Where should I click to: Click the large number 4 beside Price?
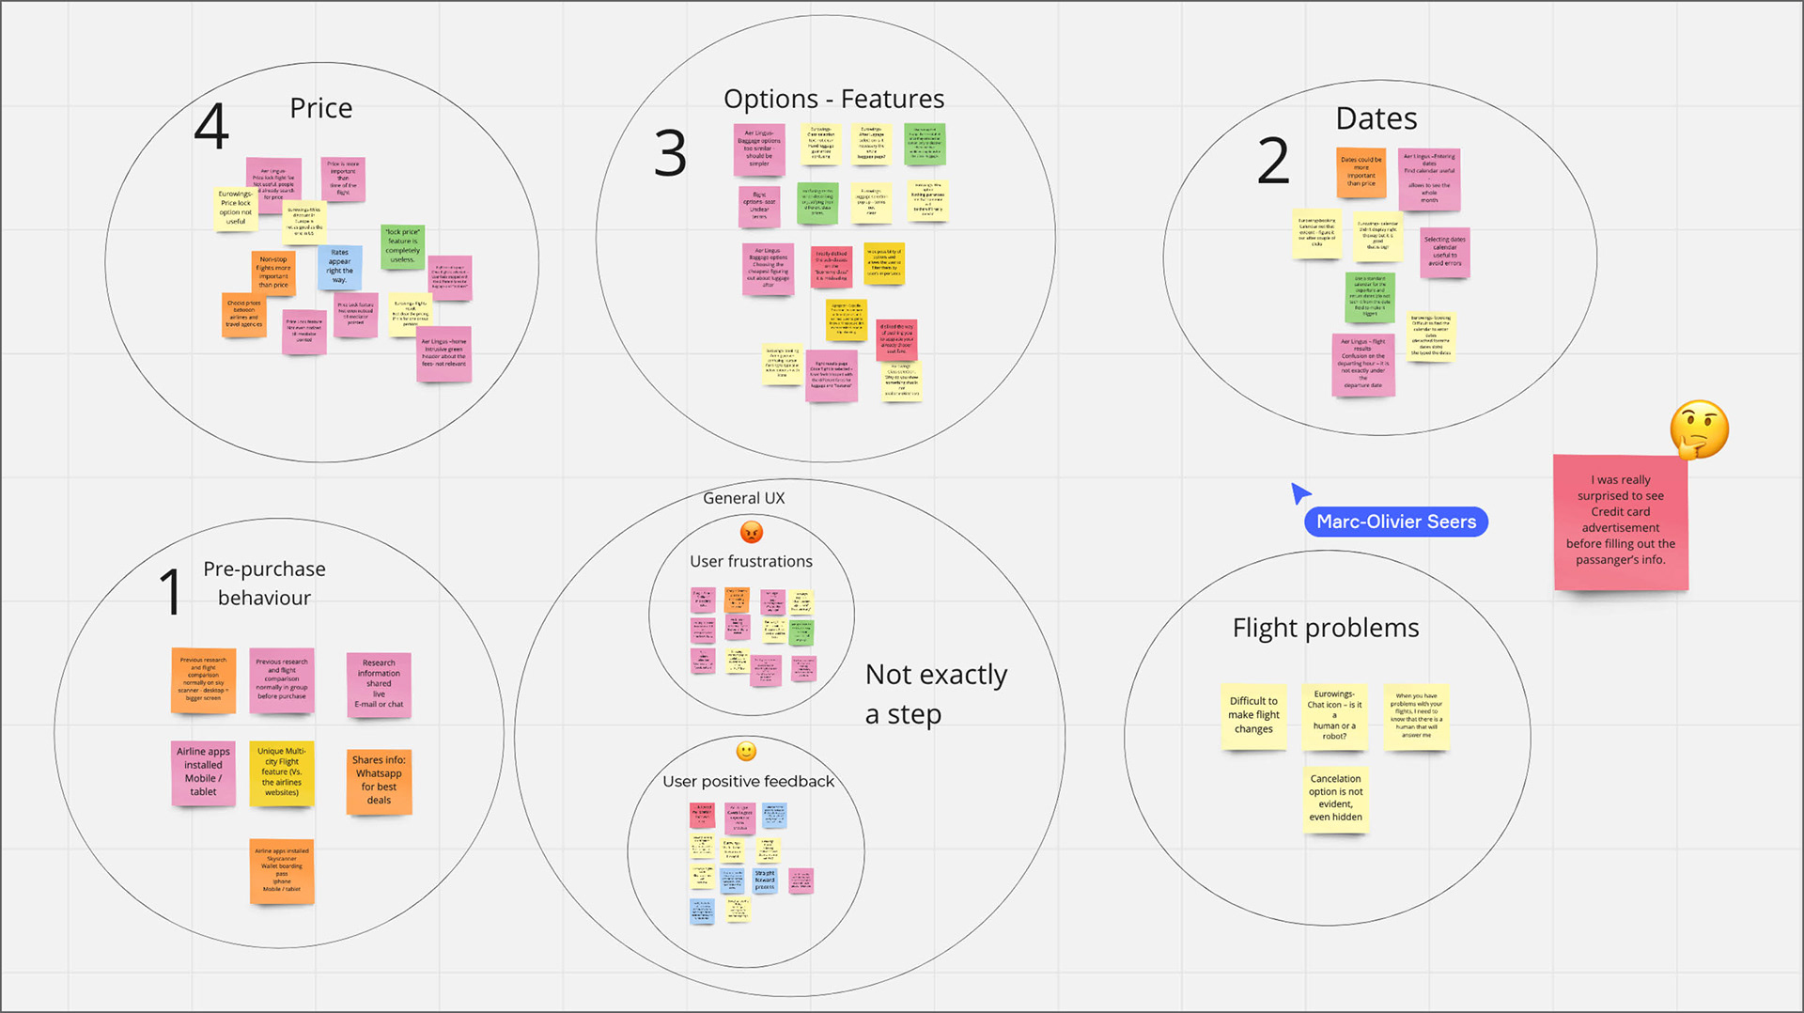point(211,127)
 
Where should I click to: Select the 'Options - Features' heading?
point(833,99)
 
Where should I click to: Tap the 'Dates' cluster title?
point(1376,119)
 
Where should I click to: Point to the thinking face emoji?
point(1699,429)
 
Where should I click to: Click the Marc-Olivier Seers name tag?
point(1395,522)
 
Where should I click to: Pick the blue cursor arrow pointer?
point(1299,492)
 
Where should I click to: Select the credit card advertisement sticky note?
point(1620,521)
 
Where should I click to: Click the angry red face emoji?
point(752,533)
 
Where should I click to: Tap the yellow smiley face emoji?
point(746,752)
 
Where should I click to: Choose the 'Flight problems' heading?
point(1325,628)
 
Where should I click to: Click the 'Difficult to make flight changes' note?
point(1253,715)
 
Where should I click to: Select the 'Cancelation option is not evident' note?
point(1335,798)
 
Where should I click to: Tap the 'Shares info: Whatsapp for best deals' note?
point(379,780)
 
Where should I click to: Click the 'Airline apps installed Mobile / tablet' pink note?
point(203,771)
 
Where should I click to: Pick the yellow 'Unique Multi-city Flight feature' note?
point(282,772)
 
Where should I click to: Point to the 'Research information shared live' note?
point(379,684)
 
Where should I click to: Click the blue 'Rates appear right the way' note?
point(339,267)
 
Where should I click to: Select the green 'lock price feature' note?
point(402,246)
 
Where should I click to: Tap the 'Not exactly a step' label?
point(935,694)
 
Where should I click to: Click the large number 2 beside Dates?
point(1273,161)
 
